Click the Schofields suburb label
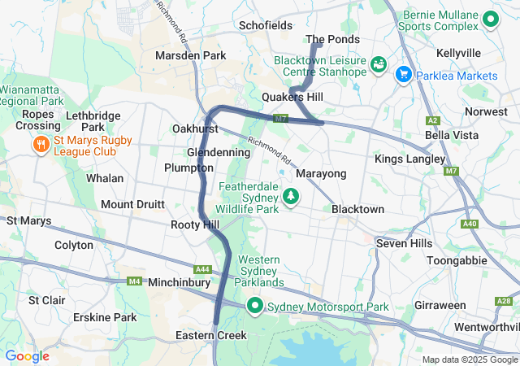266,25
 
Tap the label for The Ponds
331,39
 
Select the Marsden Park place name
190,55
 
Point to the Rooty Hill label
195,224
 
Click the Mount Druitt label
133,204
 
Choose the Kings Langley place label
409,159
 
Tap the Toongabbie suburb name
460,260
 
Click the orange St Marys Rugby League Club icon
39,144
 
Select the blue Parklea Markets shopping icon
403,76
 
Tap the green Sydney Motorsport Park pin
254,307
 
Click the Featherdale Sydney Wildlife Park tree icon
290,196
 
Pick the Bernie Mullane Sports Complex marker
490,18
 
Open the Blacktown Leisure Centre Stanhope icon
379,63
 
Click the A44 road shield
202,269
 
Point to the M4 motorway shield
134,281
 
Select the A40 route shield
469,224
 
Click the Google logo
27,355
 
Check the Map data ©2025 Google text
470,359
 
